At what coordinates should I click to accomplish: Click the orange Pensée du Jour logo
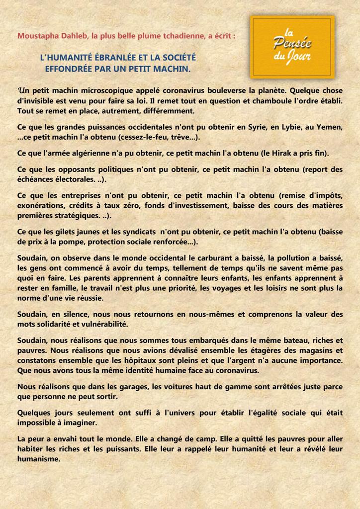coord(292,47)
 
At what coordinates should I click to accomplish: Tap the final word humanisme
coord(39,459)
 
